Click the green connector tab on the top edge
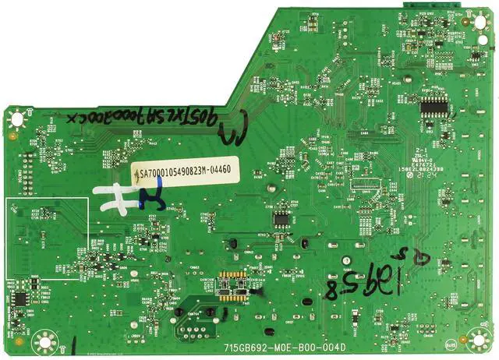click(422, 5)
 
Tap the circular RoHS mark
click(451, 344)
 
